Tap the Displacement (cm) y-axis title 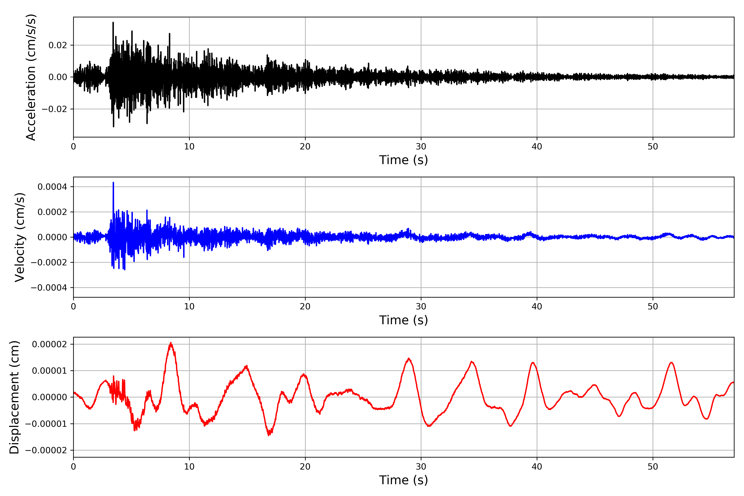pos(14,397)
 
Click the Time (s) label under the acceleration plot pos(403,160)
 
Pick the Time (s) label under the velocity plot pos(403,320)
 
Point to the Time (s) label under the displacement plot pos(403,480)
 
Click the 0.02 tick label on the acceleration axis pos(58,45)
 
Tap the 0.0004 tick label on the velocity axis pos(52,187)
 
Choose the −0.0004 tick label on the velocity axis pos(49,287)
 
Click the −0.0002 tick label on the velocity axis pos(49,262)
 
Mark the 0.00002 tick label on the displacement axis pos(49,344)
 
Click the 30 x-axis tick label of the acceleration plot pos(421,147)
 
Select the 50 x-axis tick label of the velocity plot pos(653,306)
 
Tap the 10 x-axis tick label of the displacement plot pos(189,467)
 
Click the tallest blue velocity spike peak pos(113,183)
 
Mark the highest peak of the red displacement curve pos(171,343)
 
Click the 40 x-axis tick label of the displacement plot pos(537,467)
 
